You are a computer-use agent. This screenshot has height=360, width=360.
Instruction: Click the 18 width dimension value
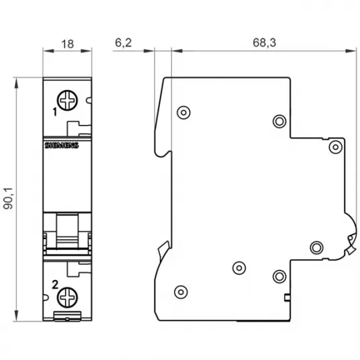(67, 44)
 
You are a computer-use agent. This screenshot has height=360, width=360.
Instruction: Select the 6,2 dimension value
(124, 43)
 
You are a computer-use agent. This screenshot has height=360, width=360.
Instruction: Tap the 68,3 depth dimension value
(264, 43)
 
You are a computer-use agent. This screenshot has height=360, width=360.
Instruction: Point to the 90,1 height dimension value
(9, 199)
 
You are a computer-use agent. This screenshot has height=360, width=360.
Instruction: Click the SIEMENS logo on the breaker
(62, 145)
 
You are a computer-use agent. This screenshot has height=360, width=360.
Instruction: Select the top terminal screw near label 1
(67, 100)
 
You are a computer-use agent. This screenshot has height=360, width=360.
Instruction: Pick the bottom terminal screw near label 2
(67, 298)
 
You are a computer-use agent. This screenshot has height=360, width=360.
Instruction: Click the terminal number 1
(54, 112)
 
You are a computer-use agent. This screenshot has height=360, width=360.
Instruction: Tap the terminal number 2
(55, 285)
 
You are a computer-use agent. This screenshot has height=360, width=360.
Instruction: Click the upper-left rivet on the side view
(183, 113)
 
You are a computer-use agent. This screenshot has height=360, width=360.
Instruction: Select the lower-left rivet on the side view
(181, 292)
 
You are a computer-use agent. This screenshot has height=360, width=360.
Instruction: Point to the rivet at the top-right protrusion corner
(335, 147)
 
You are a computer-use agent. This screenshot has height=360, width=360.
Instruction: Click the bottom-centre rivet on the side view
(239, 268)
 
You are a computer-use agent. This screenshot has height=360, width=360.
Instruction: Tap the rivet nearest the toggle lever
(316, 247)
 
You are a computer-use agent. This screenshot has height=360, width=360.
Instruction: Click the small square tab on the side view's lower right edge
(287, 298)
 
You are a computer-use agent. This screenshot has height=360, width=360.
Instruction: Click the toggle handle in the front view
(67, 231)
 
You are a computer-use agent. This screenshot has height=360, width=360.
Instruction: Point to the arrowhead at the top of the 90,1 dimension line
(16, 83)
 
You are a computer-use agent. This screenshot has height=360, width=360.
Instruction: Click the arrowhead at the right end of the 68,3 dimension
(351, 51)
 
